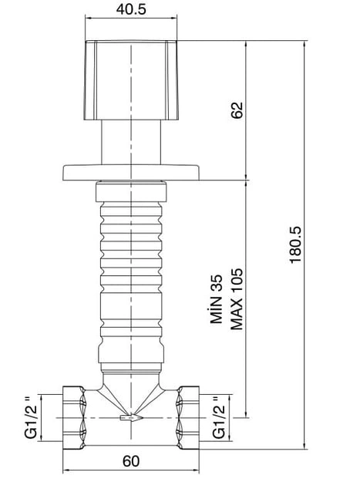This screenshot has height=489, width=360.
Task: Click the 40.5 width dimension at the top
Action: click(x=131, y=9)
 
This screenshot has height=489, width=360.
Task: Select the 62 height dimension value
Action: click(x=237, y=110)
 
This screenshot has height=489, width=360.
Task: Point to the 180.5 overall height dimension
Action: click(x=295, y=244)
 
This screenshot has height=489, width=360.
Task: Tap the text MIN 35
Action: click(x=217, y=298)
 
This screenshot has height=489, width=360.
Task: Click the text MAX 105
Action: click(x=237, y=298)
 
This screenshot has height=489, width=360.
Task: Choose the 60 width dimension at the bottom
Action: click(x=131, y=461)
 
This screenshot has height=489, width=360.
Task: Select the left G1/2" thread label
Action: click(x=31, y=417)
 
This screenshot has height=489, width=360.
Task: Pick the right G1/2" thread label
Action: click(x=219, y=417)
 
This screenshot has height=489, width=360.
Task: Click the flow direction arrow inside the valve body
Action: click(x=132, y=417)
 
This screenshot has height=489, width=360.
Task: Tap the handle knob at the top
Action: click(x=131, y=80)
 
